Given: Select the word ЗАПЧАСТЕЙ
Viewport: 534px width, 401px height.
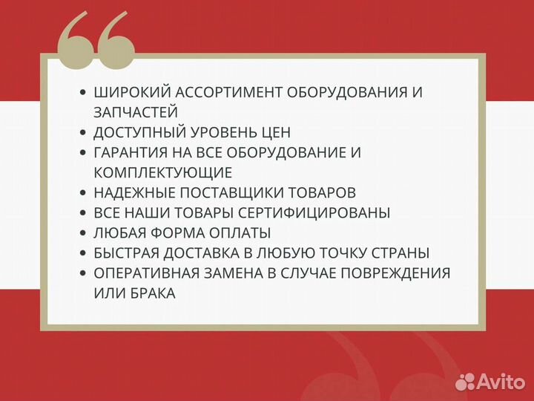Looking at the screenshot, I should coord(136,112).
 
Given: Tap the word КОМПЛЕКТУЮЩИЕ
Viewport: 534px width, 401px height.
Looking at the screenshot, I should coord(163,173).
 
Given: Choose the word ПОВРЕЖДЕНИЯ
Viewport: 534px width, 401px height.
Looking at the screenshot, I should coord(395,273).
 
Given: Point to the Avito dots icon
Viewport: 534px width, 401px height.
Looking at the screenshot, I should coord(467,381).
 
